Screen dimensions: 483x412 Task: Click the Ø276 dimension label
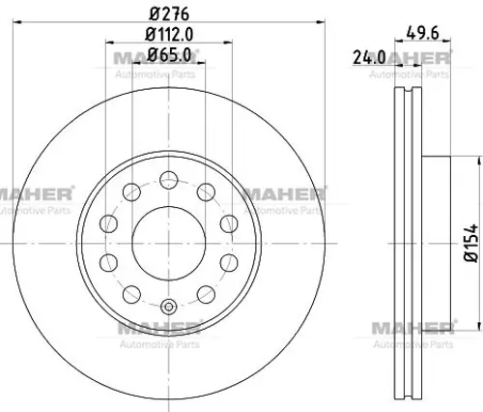[x=169, y=14]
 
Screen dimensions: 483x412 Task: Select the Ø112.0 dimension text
[x=169, y=34]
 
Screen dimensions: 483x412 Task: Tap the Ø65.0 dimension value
[x=169, y=55]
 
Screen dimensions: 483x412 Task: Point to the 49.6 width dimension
[x=422, y=33]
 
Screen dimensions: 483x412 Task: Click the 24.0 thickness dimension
[x=369, y=57]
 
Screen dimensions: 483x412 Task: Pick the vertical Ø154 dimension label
[x=470, y=244]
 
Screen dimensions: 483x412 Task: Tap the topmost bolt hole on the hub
[x=169, y=180]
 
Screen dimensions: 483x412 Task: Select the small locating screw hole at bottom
[x=169, y=307]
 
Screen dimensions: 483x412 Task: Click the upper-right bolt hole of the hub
[x=206, y=192]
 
